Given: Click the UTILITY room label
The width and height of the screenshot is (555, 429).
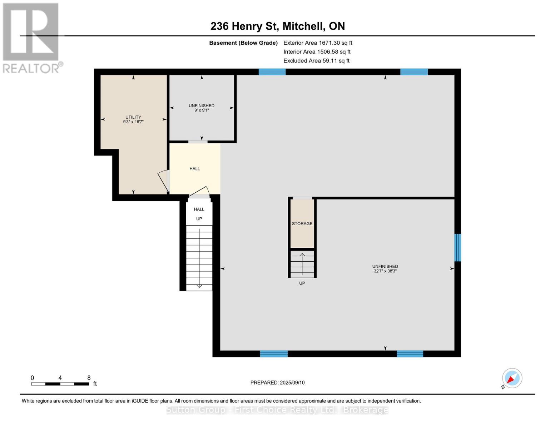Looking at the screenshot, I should pyautogui.click(x=133, y=117).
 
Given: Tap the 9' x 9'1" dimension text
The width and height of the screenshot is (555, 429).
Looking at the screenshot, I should pyautogui.click(x=202, y=110).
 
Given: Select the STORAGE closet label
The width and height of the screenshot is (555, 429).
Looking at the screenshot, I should pyautogui.click(x=302, y=223).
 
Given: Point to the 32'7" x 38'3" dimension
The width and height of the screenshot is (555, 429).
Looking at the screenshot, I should pyautogui.click(x=385, y=271).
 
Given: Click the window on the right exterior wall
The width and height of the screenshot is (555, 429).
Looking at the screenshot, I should pyautogui.click(x=457, y=247).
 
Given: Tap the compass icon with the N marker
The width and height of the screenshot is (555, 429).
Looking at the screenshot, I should pyautogui.click(x=512, y=378).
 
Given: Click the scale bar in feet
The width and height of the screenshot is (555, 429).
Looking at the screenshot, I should pyautogui.click(x=60, y=384).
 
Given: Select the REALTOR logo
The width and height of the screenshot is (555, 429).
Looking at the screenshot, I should pyautogui.click(x=31, y=38).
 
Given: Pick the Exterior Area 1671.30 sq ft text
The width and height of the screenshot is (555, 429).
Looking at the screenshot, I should pyautogui.click(x=318, y=43).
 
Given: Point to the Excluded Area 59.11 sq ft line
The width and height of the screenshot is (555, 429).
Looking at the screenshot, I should pyautogui.click(x=316, y=61).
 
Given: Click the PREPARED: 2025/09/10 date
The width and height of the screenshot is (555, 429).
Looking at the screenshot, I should pyautogui.click(x=277, y=383).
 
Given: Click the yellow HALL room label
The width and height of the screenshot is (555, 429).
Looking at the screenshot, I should pyautogui.click(x=194, y=168).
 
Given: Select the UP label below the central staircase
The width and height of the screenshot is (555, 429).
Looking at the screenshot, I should pyautogui.click(x=302, y=283).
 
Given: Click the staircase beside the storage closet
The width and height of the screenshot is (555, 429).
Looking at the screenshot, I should pyautogui.click(x=302, y=264).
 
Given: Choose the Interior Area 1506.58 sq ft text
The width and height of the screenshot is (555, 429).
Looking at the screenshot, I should pyautogui.click(x=317, y=52).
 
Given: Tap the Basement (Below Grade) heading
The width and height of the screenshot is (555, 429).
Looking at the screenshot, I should pyautogui.click(x=243, y=43).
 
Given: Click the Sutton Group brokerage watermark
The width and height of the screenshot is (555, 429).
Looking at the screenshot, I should pyautogui.click(x=277, y=410).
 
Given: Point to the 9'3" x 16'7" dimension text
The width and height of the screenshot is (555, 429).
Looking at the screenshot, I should pyautogui.click(x=133, y=122).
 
